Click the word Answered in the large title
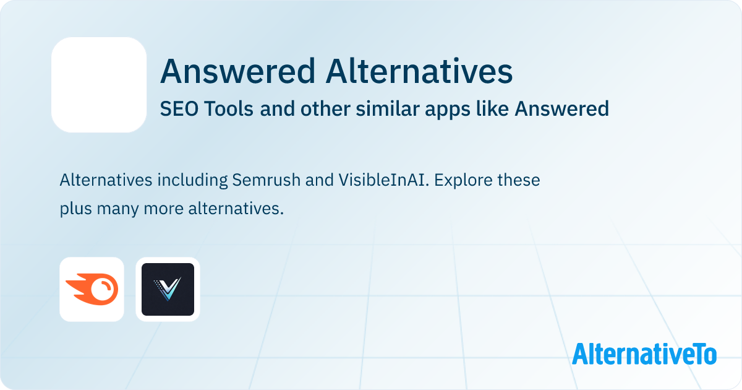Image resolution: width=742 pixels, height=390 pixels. (x=237, y=71)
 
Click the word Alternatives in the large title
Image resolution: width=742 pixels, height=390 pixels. (x=419, y=71)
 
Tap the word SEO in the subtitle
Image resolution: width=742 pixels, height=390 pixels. (x=179, y=109)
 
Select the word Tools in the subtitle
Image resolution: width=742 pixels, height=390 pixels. (x=229, y=109)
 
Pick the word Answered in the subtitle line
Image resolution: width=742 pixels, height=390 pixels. (x=561, y=109)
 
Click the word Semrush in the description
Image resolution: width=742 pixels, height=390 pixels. (x=266, y=180)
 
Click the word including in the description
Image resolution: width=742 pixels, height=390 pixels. (x=192, y=181)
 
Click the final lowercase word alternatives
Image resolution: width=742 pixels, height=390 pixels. (x=236, y=209)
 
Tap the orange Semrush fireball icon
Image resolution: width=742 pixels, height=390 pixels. (x=92, y=289)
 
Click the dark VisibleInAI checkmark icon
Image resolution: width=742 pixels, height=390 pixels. (x=168, y=289)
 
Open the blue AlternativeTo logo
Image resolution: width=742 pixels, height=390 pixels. (x=644, y=353)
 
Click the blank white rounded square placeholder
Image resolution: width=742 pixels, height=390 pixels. (x=99, y=85)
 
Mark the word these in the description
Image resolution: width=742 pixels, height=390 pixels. (x=518, y=180)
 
